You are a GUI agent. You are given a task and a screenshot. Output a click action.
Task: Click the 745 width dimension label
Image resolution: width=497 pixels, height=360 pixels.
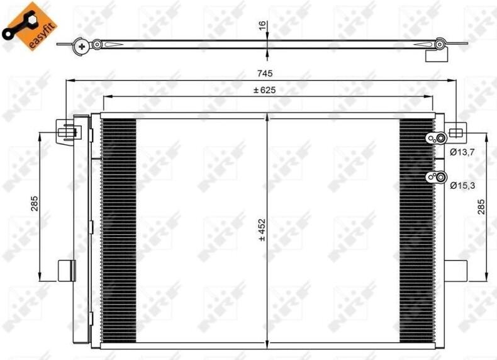(x=265, y=74)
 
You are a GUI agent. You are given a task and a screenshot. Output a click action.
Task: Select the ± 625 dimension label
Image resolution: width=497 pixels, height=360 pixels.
(x=264, y=91)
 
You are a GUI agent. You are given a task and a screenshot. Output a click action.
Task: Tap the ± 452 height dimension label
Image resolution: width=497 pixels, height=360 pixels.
(x=262, y=230)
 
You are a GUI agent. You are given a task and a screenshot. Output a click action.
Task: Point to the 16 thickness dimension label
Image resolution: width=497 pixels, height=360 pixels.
(x=263, y=25)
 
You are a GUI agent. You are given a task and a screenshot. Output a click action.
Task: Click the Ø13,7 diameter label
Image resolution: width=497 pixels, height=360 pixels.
(x=462, y=152)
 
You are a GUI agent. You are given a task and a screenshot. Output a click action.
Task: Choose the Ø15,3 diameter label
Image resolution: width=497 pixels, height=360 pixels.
(x=462, y=186)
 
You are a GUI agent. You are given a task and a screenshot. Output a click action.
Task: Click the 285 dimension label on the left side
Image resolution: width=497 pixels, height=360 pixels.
(x=34, y=204)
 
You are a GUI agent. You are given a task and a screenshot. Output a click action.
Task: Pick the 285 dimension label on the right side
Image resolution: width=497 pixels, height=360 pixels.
(x=481, y=207)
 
